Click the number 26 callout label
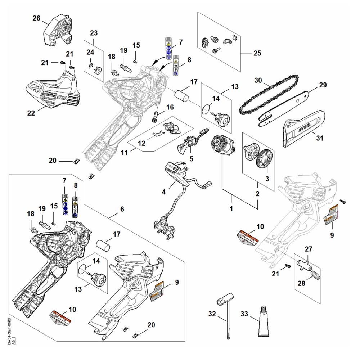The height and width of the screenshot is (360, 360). point(36,18)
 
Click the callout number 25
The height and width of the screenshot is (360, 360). point(257,53)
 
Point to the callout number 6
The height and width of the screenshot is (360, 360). point(122,208)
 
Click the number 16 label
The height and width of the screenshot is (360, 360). point(170,107)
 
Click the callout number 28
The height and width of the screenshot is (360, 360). point(301,283)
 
